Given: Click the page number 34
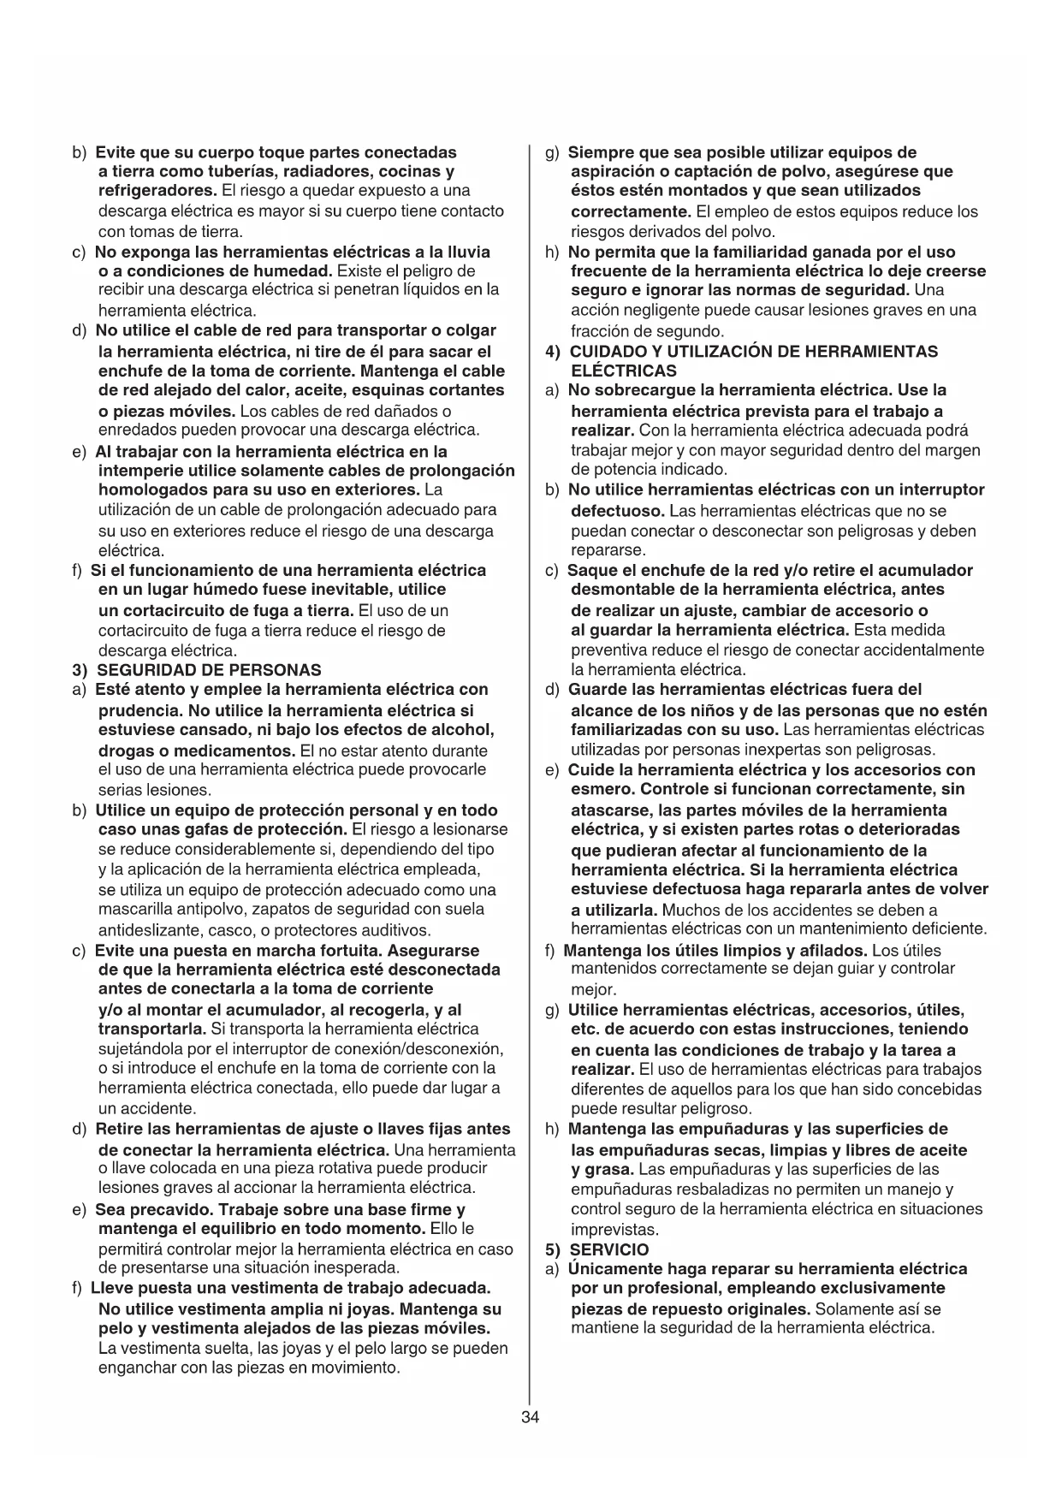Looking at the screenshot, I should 530,1417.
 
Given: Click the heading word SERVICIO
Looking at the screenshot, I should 609,1249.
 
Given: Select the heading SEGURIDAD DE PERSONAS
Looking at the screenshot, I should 210,670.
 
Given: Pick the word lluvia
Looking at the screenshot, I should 471,252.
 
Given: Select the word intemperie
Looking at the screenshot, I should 139,472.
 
